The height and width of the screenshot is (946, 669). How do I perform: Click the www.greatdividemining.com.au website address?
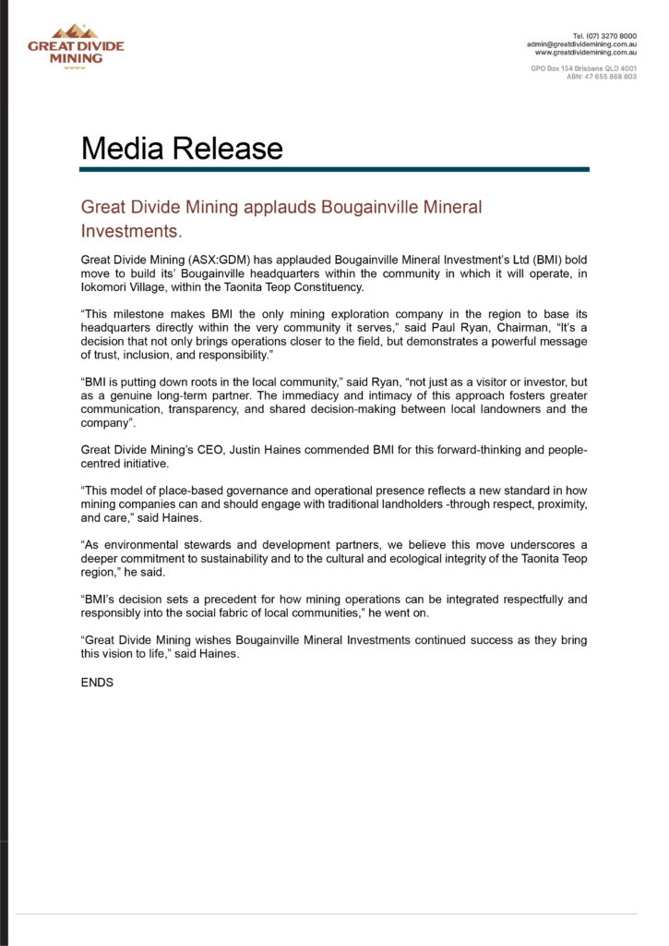click(x=586, y=52)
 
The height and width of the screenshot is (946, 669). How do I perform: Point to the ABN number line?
click(x=601, y=77)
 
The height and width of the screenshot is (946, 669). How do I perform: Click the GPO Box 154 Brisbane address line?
click(x=583, y=68)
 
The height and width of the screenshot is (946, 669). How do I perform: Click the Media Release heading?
click(x=182, y=149)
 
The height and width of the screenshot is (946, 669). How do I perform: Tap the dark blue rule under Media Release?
click(x=334, y=169)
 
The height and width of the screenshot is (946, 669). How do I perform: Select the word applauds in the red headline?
click(x=277, y=207)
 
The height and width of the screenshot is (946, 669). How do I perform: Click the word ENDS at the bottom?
click(x=97, y=683)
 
